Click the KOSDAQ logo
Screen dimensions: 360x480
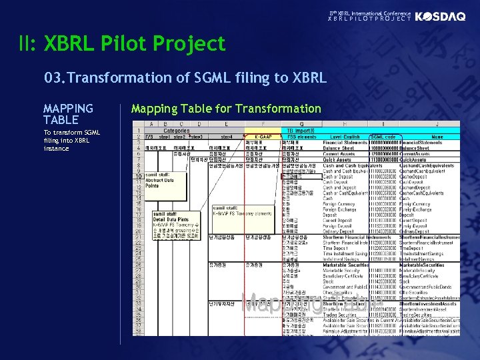[x=440, y=17]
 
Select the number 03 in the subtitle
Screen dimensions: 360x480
[x=52, y=78]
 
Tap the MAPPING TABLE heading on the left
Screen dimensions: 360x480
[x=68, y=114]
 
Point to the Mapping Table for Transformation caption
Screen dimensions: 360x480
[x=226, y=109]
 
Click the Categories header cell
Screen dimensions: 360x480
[x=177, y=131]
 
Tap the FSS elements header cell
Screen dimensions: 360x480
[x=301, y=137]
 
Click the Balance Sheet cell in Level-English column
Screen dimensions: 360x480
[x=341, y=148]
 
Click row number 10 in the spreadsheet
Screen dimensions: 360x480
[x=137, y=176]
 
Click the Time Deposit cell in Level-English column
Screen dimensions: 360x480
[x=339, y=248]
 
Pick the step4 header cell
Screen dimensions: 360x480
[x=228, y=137]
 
